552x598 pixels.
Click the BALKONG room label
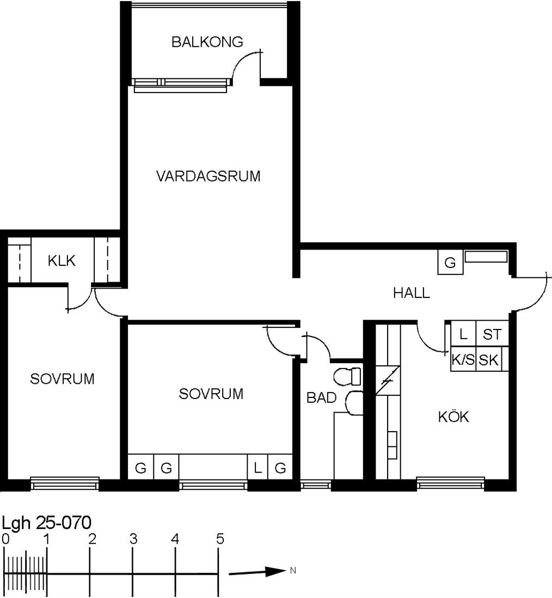point(207,41)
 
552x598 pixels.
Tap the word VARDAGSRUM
point(208,176)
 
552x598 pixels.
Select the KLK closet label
point(62,261)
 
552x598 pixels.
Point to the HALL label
point(412,293)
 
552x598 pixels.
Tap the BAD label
point(321,398)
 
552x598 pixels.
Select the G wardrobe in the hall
point(450,262)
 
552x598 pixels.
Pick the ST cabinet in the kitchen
point(492,334)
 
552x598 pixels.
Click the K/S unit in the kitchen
point(463,359)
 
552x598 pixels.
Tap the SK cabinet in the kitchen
point(489,359)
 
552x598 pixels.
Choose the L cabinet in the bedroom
point(258,467)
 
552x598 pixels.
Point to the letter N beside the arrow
point(293,570)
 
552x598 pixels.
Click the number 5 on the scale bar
point(219,539)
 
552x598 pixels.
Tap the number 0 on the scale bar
point(5,539)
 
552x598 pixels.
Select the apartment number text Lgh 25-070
point(47,522)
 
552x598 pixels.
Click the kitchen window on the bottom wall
point(450,483)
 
